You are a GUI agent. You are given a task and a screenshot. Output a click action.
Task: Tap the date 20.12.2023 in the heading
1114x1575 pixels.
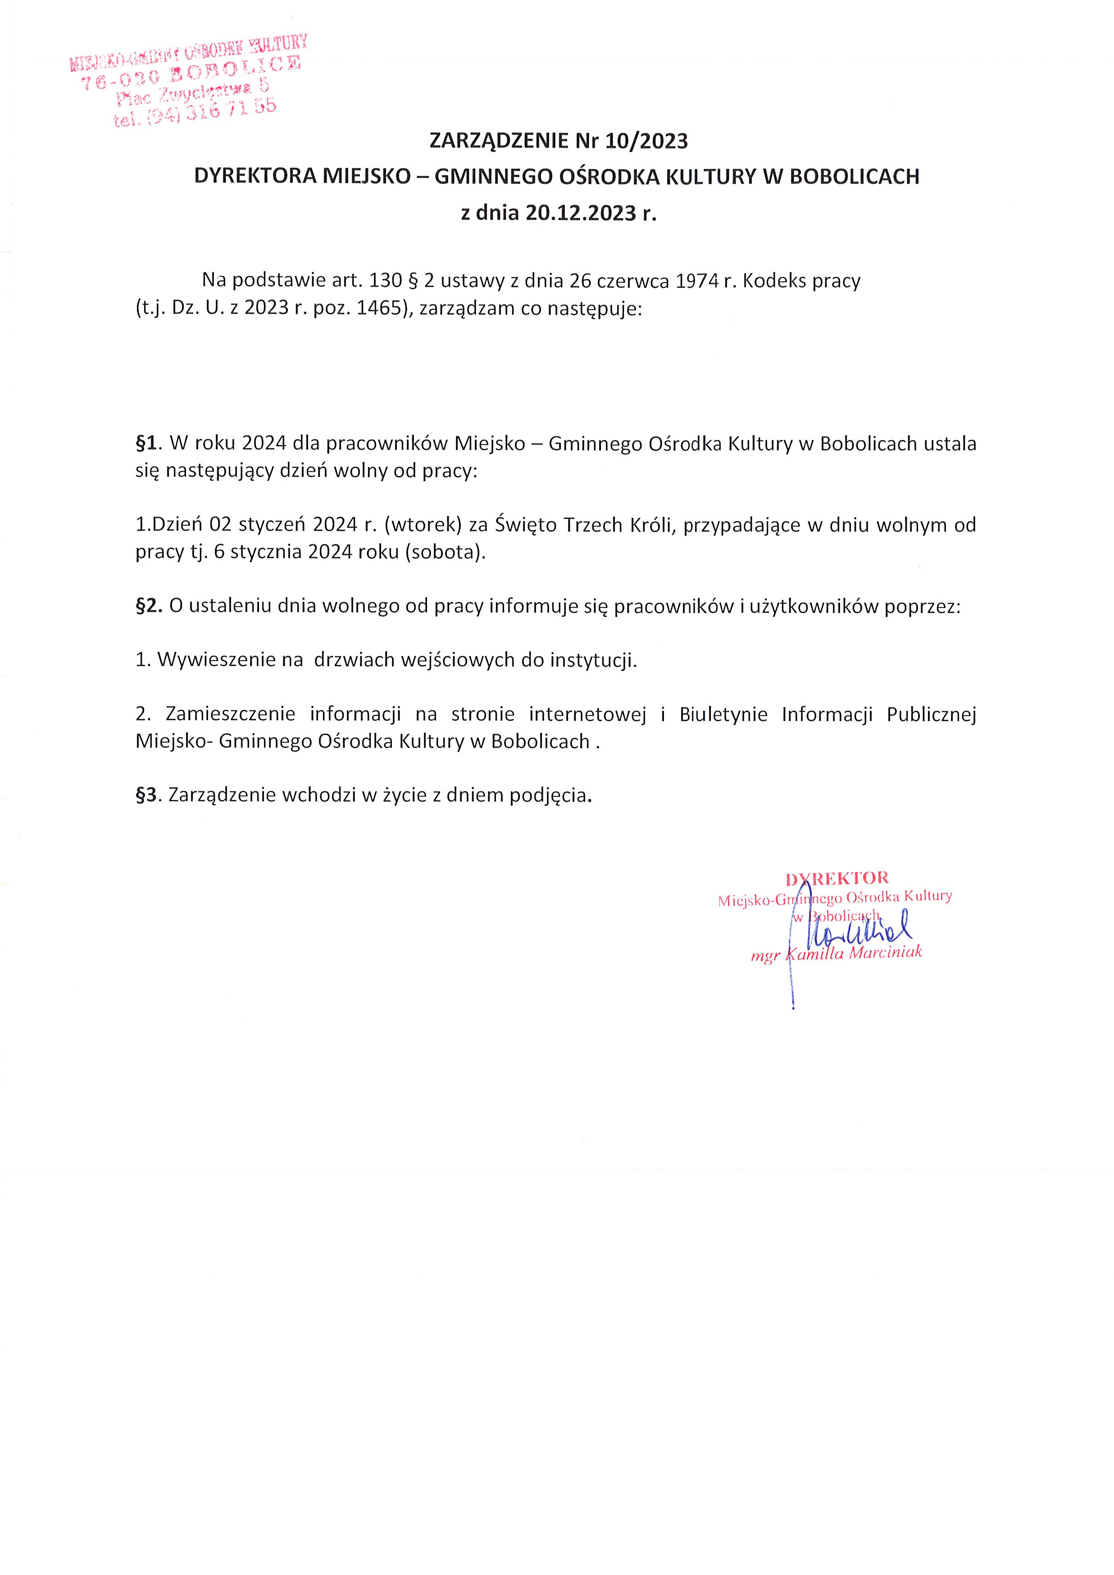coord(581,213)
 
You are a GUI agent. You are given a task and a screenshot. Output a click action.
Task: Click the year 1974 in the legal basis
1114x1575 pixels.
coord(698,281)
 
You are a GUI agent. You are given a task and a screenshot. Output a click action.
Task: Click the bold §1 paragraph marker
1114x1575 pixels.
coord(147,444)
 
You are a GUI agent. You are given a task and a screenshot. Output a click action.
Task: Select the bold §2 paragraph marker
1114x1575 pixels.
coord(148,606)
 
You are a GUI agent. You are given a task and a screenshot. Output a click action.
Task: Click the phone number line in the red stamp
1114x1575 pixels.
coord(196,112)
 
